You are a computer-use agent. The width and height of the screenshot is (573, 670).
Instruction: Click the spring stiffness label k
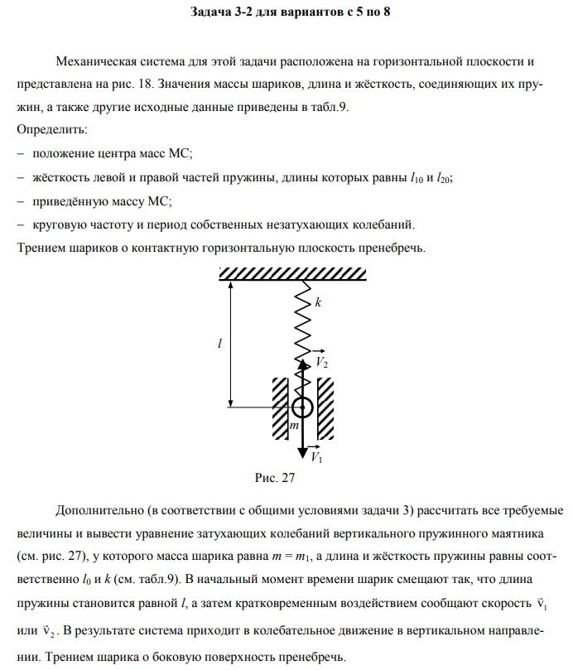point(317,304)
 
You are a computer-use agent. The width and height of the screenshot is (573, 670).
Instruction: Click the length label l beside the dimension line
point(220,342)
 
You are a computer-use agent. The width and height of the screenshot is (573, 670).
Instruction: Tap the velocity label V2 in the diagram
point(322,363)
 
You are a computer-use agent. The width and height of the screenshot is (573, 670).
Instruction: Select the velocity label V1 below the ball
point(316,456)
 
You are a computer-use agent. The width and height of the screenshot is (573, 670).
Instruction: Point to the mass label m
point(293,426)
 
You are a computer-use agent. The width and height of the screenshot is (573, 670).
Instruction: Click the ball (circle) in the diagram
point(302,407)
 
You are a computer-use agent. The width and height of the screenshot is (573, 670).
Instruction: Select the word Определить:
point(52,131)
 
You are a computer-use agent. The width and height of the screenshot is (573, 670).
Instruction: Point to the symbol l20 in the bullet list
point(444,177)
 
